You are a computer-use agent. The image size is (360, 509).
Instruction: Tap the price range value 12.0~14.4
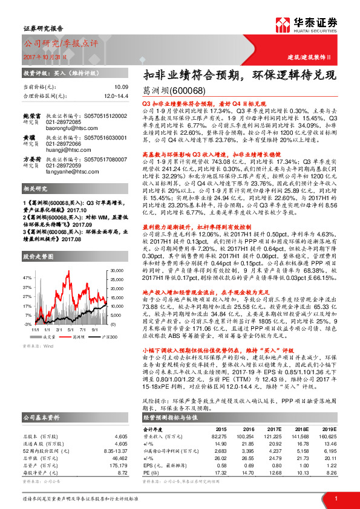[116, 96]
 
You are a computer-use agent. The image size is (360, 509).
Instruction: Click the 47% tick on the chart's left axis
[28, 277]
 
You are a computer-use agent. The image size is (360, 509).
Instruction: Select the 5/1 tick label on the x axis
[67, 330]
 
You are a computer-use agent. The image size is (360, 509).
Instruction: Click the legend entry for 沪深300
[96, 336]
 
